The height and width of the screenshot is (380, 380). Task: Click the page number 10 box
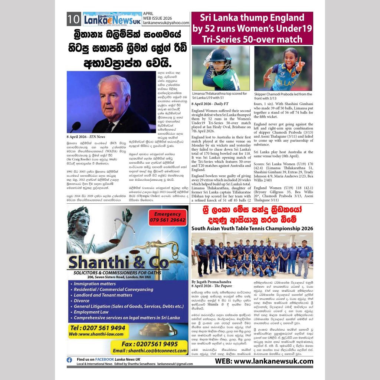[74, 19]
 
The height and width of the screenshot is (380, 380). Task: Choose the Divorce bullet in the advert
[82, 301]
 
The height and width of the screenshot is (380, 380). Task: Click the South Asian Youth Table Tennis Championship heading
[252, 228]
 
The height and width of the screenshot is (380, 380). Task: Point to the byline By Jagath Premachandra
[212, 282]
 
